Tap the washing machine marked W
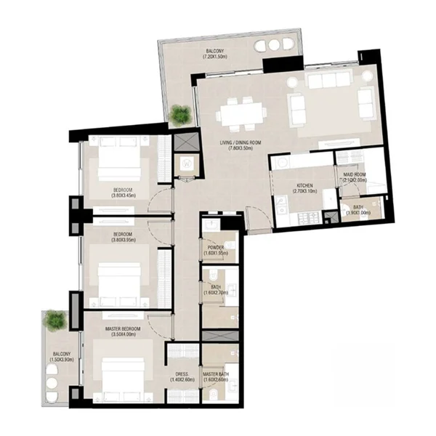(187, 164)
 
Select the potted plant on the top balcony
(180, 114)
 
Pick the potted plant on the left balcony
(55, 319)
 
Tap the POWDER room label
(216, 247)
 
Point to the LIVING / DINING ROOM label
(239, 142)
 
